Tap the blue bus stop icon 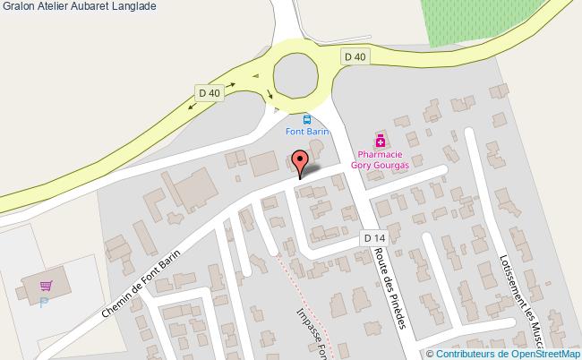307,119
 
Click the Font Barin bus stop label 307,132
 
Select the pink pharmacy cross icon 381,141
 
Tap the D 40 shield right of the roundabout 355,56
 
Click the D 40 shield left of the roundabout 210,92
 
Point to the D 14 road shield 374,237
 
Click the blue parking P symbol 43,303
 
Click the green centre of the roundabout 302,73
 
